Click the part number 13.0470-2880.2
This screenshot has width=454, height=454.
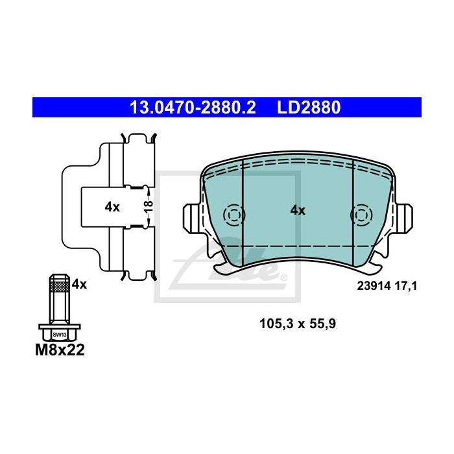[193, 108]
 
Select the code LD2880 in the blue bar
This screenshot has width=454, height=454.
[309, 108]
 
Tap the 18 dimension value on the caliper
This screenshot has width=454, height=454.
[149, 206]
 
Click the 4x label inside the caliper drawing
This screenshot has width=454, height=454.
[112, 207]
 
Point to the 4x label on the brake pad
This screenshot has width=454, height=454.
[298, 210]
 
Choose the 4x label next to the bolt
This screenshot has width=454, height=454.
[79, 284]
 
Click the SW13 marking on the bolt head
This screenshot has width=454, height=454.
[60, 335]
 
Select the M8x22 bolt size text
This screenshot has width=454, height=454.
[60, 350]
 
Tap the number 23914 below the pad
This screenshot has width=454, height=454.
[374, 286]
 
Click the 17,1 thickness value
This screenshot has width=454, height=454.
[406, 287]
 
